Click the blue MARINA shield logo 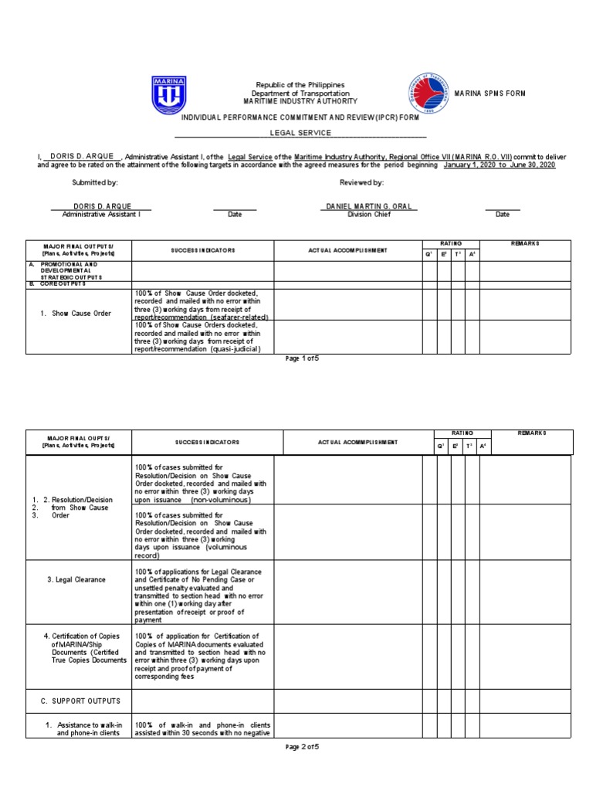click(168, 93)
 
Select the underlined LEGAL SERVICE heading click(300, 133)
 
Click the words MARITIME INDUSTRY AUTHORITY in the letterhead click(300, 101)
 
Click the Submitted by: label click(95, 182)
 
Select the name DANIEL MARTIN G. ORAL click(368, 206)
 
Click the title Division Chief click(368, 215)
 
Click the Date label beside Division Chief click(502, 215)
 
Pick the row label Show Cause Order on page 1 click(82, 314)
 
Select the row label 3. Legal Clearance click(76, 579)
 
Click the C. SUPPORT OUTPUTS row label click(80, 701)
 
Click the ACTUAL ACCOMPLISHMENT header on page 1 click(347, 251)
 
